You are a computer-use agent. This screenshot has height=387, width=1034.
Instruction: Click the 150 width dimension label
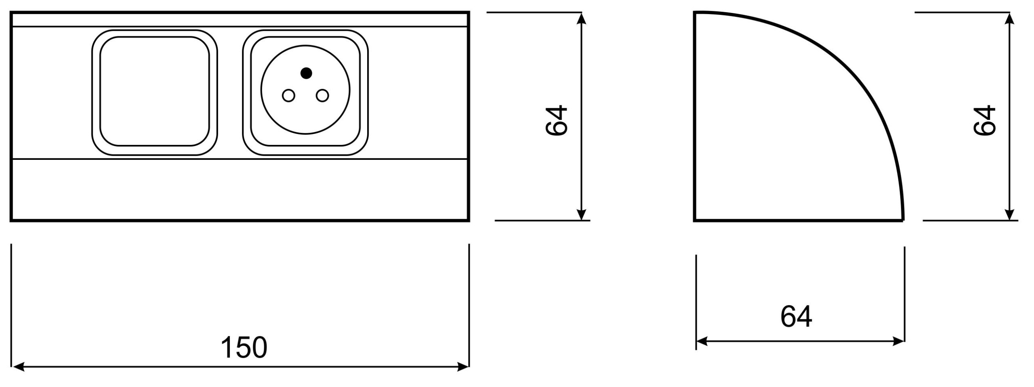tap(244, 347)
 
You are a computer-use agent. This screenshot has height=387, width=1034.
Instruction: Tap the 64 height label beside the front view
tap(557, 121)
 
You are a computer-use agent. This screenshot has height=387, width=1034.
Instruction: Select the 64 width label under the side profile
tap(796, 317)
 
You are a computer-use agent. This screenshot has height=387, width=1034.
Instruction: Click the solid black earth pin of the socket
tap(306, 73)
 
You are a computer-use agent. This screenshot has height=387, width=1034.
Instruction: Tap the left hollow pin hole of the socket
tap(288, 96)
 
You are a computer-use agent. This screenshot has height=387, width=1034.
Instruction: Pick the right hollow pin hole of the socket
tap(322, 96)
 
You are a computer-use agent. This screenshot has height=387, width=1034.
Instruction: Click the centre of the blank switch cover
tap(155, 92)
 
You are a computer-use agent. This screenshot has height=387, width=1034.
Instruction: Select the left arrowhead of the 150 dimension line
tap(18, 367)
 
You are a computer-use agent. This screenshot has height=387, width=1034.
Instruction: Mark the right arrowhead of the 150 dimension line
tap(462, 367)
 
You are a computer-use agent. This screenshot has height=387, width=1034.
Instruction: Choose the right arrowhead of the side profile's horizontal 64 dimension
tap(897, 341)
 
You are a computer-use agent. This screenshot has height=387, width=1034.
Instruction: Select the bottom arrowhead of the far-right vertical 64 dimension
tap(1009, 214)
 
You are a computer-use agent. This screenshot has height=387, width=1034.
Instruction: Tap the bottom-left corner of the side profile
tap(694, 221)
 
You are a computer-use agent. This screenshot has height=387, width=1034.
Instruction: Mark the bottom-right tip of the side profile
tap(904, 220)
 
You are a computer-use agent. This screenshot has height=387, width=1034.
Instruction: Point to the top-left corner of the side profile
tap(694, 13)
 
